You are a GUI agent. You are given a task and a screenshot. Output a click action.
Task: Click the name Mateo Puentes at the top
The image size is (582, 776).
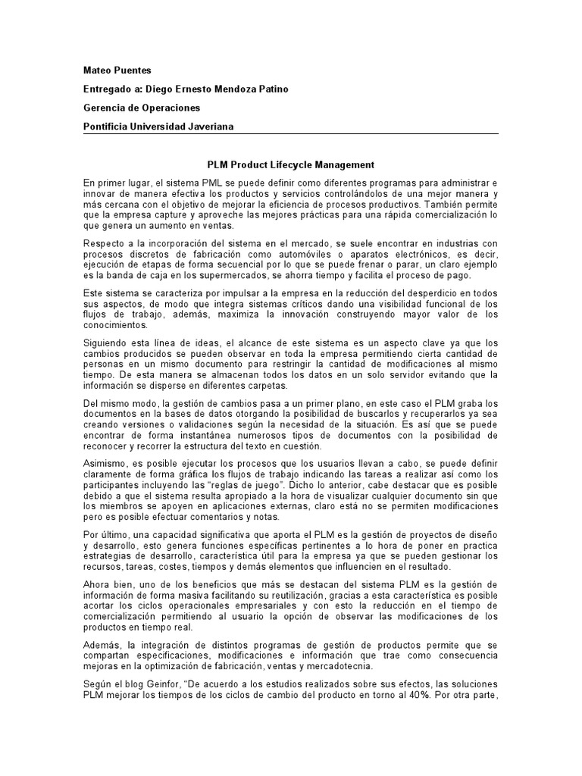[x=117, y=70]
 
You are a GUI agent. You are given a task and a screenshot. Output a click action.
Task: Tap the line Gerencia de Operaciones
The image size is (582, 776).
[x=141, y=108]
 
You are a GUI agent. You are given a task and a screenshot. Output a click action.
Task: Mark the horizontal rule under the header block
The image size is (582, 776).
[x=290, y=135]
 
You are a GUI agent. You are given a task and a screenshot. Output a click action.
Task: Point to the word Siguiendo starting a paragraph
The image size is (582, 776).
[x=106, y=343]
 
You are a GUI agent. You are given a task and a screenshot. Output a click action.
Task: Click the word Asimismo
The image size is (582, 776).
[x=106, y=465]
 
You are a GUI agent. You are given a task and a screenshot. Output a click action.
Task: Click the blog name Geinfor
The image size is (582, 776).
[x=176, y=684]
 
